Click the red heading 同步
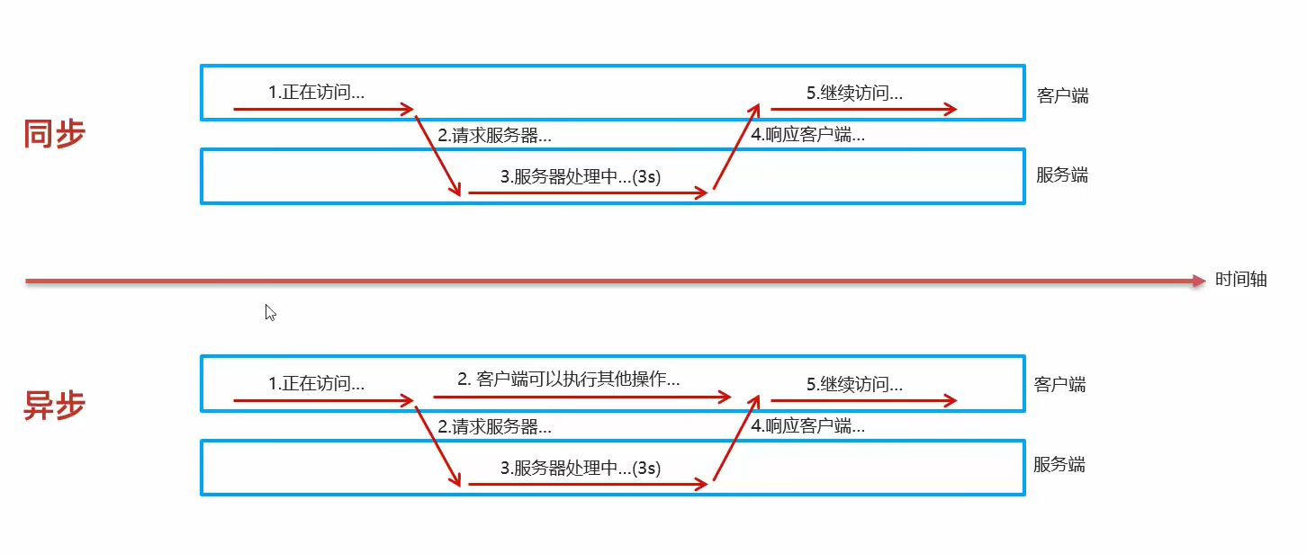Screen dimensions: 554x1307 pyautogui.click(x=54, y=135)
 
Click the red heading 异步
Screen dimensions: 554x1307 pyautogui.click(x=54, y=406)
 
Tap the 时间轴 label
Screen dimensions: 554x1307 pyautogui.click(x=1240, y=280)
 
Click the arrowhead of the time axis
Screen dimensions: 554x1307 pyautogui.click(x=1198, y=281)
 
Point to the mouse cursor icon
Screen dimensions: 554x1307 pyautogui.click(x=270, y=313)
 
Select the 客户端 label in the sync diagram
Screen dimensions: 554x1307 pyautogui.click(x=1062, y=95)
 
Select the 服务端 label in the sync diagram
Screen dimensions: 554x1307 pyautogui.click(x=1061, y=175)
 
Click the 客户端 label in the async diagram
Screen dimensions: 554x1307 pyautogui.click(x=1059, y=385)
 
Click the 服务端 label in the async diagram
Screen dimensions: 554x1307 pyautogui.click(x=1059, y=465)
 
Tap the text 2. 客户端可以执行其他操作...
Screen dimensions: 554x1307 pyautogui.click(x=568, y=380)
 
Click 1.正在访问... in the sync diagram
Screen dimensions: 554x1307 pyautogui.click(x=316, y=92)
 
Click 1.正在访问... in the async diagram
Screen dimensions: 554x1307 pyautogui.click(x=316, y=384)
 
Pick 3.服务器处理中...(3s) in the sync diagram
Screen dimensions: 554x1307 pyautogui.click(x=581, y=177)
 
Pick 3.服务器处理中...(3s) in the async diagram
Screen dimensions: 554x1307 pyautogui.click(x=581, y=469)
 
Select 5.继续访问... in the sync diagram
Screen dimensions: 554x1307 pyautogui.click(x=854, y=93)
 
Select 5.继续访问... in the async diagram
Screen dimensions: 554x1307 pyautogui.click(x=854, y=385)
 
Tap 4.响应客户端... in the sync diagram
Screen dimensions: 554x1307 pyautogui.click(x=807, y=136)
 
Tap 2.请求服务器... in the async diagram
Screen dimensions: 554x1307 pyautogui.click(x=494, y=427)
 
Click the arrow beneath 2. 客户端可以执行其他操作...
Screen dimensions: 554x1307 pyautogui.click(x=581, y=396)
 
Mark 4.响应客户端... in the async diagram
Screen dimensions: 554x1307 pyautogui.click(x=807, y=427)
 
